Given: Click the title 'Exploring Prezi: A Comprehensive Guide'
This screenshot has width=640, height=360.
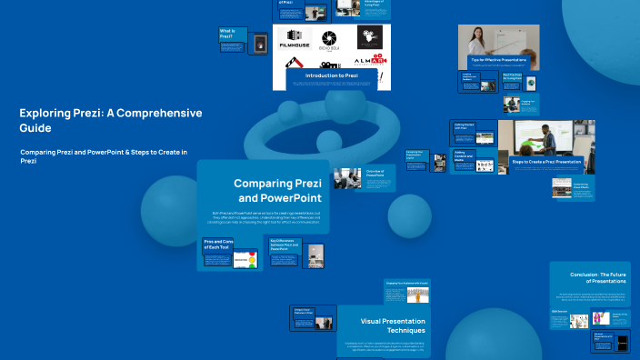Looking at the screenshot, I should pyautogui.click(x=110, y=120).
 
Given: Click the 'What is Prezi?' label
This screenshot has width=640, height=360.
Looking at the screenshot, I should pyautogui.click(x=232, y=34).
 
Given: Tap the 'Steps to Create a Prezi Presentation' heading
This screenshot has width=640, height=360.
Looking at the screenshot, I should pyautogui.click(x=545, y=162).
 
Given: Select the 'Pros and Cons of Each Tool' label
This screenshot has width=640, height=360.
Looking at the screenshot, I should pyautogui.click(x=219, y=244).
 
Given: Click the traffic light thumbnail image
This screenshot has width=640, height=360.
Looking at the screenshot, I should pyautogui.click(x=248, y=259).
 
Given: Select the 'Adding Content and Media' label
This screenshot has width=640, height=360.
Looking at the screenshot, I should pyautogui.click(x=465, y=155).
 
